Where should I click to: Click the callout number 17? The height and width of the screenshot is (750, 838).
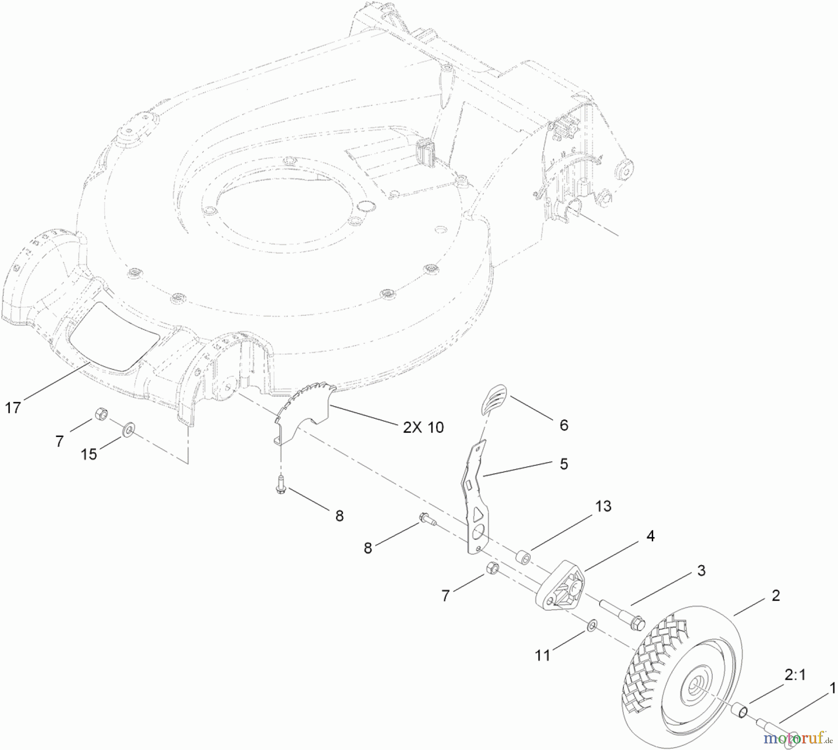(13, 408)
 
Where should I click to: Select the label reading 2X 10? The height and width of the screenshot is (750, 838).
(423, 427)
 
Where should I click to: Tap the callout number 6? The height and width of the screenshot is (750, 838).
(564, 425)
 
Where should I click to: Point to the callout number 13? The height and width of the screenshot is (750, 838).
(603, 506)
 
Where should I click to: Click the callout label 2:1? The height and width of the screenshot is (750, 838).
(795, 675)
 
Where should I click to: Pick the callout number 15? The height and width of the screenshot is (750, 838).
(89, 454)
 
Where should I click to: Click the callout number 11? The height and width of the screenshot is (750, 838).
(542, 655)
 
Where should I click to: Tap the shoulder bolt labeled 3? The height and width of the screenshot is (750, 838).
(622, 614)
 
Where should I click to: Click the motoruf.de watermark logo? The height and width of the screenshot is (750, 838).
(797, 738)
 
